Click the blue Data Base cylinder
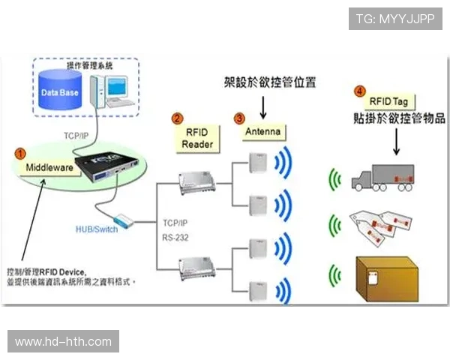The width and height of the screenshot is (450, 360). point(60,93)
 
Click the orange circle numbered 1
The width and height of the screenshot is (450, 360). point(20,152)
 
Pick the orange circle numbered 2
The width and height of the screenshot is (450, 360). point(178,118)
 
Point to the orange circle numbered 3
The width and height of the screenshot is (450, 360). point(238,118)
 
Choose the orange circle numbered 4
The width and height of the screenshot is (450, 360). point(360,91)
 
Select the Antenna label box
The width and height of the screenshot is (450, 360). point(263,132)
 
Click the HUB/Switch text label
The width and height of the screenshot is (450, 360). point(97,229)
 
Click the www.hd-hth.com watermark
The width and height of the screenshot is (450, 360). point(63,342)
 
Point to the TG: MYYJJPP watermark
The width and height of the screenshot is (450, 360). point(396,18)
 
